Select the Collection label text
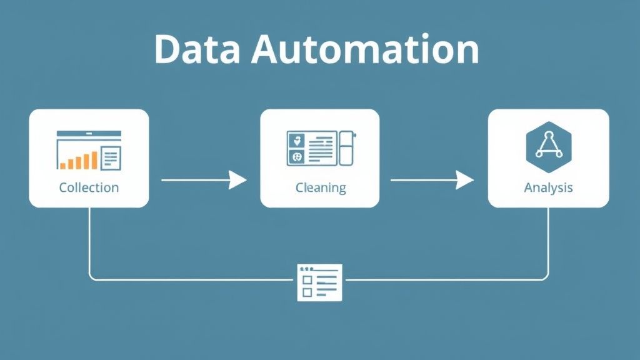[x=89, y=187]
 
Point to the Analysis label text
[x=548, y=187]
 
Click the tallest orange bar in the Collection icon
[x=94, y=160]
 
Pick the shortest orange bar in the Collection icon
[x=63, y=165]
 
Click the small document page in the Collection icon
[x=111, y=157]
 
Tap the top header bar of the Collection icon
[x=88, y=134]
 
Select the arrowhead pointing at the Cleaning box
[x=238, y=181]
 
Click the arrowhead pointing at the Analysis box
[x=465, y=181]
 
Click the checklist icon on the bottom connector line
[x=319, y=281]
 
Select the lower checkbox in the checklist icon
[x=306, y=292]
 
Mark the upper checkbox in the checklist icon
[x=306, y=281]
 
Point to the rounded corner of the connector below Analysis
[x=546, y=276]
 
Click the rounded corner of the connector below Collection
[x=92, y=276]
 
